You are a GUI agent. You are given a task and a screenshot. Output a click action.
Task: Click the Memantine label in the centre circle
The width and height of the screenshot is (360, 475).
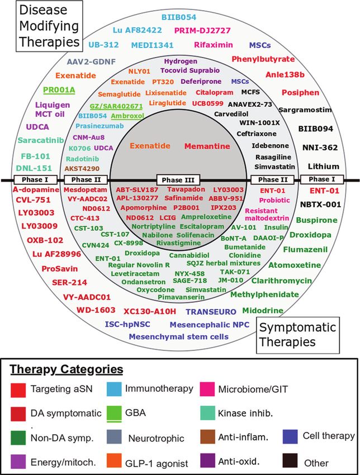pos(207,146)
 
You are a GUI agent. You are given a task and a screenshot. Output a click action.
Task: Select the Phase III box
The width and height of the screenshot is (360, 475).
pos(178,180)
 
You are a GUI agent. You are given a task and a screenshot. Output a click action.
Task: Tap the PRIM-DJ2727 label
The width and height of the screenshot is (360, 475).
pos(203,31)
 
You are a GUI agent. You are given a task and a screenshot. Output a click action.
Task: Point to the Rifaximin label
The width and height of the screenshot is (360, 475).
pos(214,45)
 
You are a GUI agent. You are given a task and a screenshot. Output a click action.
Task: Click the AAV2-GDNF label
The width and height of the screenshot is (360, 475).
pos(91,62)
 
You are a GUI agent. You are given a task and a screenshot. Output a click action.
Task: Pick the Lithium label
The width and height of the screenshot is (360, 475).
pos(323,167)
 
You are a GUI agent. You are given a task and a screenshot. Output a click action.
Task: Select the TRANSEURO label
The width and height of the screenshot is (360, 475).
pos(211,312)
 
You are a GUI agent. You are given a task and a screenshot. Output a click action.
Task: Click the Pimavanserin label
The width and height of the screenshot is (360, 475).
pos(181,297)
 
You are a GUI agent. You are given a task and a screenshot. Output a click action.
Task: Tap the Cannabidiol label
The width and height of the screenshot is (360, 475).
pos(189,255)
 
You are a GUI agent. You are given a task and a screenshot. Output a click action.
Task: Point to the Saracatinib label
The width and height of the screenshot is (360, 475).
pos(41,140)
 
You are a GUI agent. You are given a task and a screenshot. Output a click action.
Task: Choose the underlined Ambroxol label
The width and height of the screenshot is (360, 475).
pos(127,116)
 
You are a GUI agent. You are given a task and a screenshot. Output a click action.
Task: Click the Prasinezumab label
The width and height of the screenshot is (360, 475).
pos(100,126)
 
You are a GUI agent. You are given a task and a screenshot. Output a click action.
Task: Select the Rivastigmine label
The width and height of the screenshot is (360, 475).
pos(178,243)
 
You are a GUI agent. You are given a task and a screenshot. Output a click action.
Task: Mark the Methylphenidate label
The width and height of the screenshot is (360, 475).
pos(264,294)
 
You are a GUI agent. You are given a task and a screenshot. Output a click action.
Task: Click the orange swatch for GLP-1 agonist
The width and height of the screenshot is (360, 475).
pos(114,460)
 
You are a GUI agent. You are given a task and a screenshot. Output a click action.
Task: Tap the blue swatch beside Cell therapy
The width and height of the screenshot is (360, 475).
pos(290,436)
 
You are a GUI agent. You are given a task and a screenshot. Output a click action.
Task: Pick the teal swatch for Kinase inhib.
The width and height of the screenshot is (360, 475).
pos(207,413)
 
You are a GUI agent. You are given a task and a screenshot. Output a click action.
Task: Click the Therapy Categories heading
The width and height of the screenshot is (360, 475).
pos(67,369)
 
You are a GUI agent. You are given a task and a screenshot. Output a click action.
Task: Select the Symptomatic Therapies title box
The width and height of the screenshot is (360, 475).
pos(298,335)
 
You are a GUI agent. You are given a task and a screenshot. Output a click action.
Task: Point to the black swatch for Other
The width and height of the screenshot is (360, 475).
pos(290,460)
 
